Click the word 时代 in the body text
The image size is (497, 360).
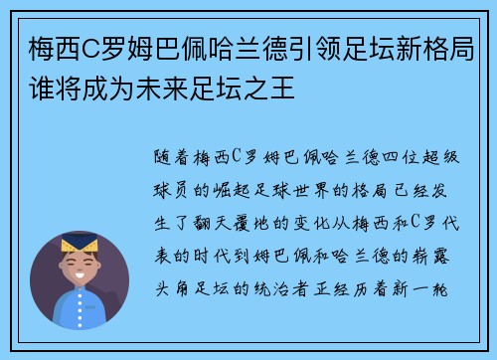coord(217,240)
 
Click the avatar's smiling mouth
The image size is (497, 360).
coord(80,280)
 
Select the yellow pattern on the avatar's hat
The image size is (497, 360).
coord(80,243)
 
